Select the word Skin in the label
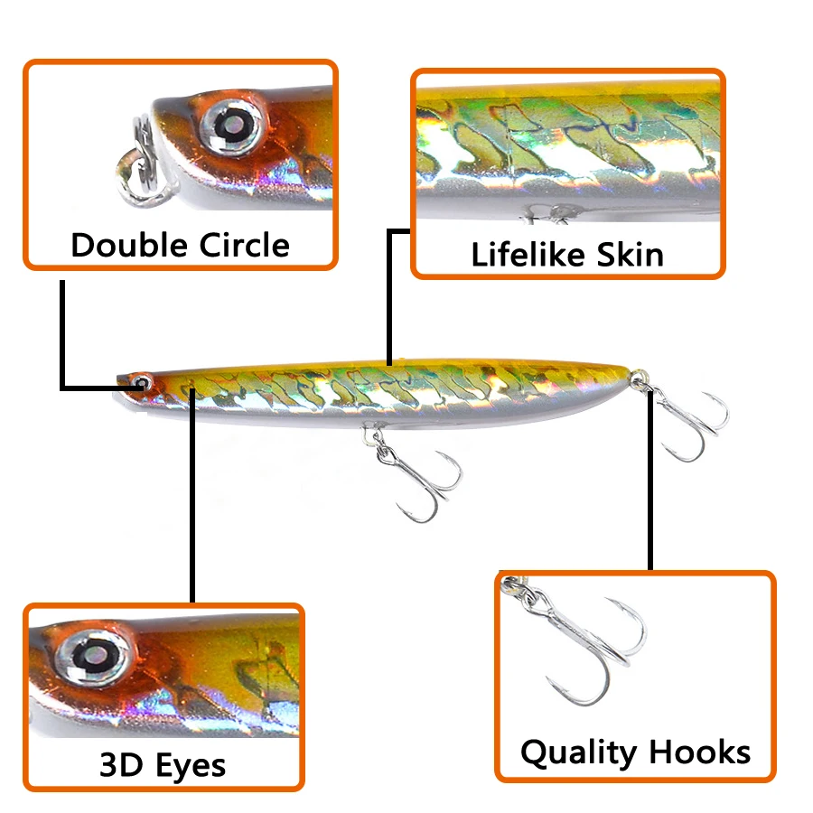point(631,255)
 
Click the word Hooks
point(698,752)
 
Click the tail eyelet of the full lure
point(640,376)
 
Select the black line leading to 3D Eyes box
point(192,506)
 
